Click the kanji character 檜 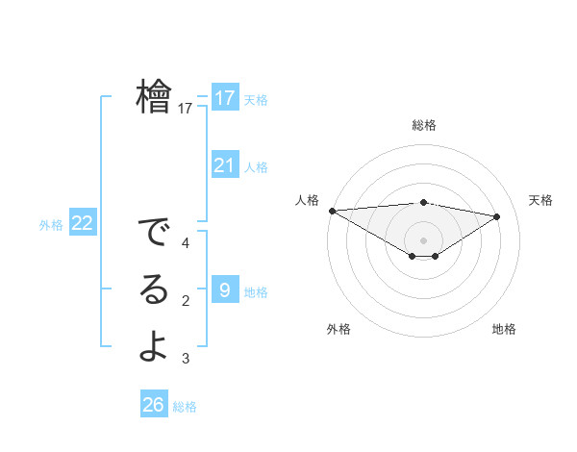tap(154, 96)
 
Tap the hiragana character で tap(154, 234)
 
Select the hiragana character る tap(154, 290)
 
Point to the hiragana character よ tap(154, 346)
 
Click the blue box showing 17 tap(225, 98)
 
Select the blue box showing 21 tap(225, 165)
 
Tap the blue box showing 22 tap(83, 224)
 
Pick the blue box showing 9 tap(225, 289)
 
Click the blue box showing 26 tap(154, 405)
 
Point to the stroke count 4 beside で tap(185, 243)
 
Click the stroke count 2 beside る tap(185, 301)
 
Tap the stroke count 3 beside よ tap(185, 359)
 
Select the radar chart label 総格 tap(423, 125)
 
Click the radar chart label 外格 tap(339, 329)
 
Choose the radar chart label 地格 tap(504, 329)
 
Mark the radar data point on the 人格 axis tap(332, 210)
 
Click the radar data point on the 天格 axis tap(497, 215)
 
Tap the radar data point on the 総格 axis tap(423, 202)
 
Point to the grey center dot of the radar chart tap(423, 239)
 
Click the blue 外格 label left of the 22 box tap(51, 225)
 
